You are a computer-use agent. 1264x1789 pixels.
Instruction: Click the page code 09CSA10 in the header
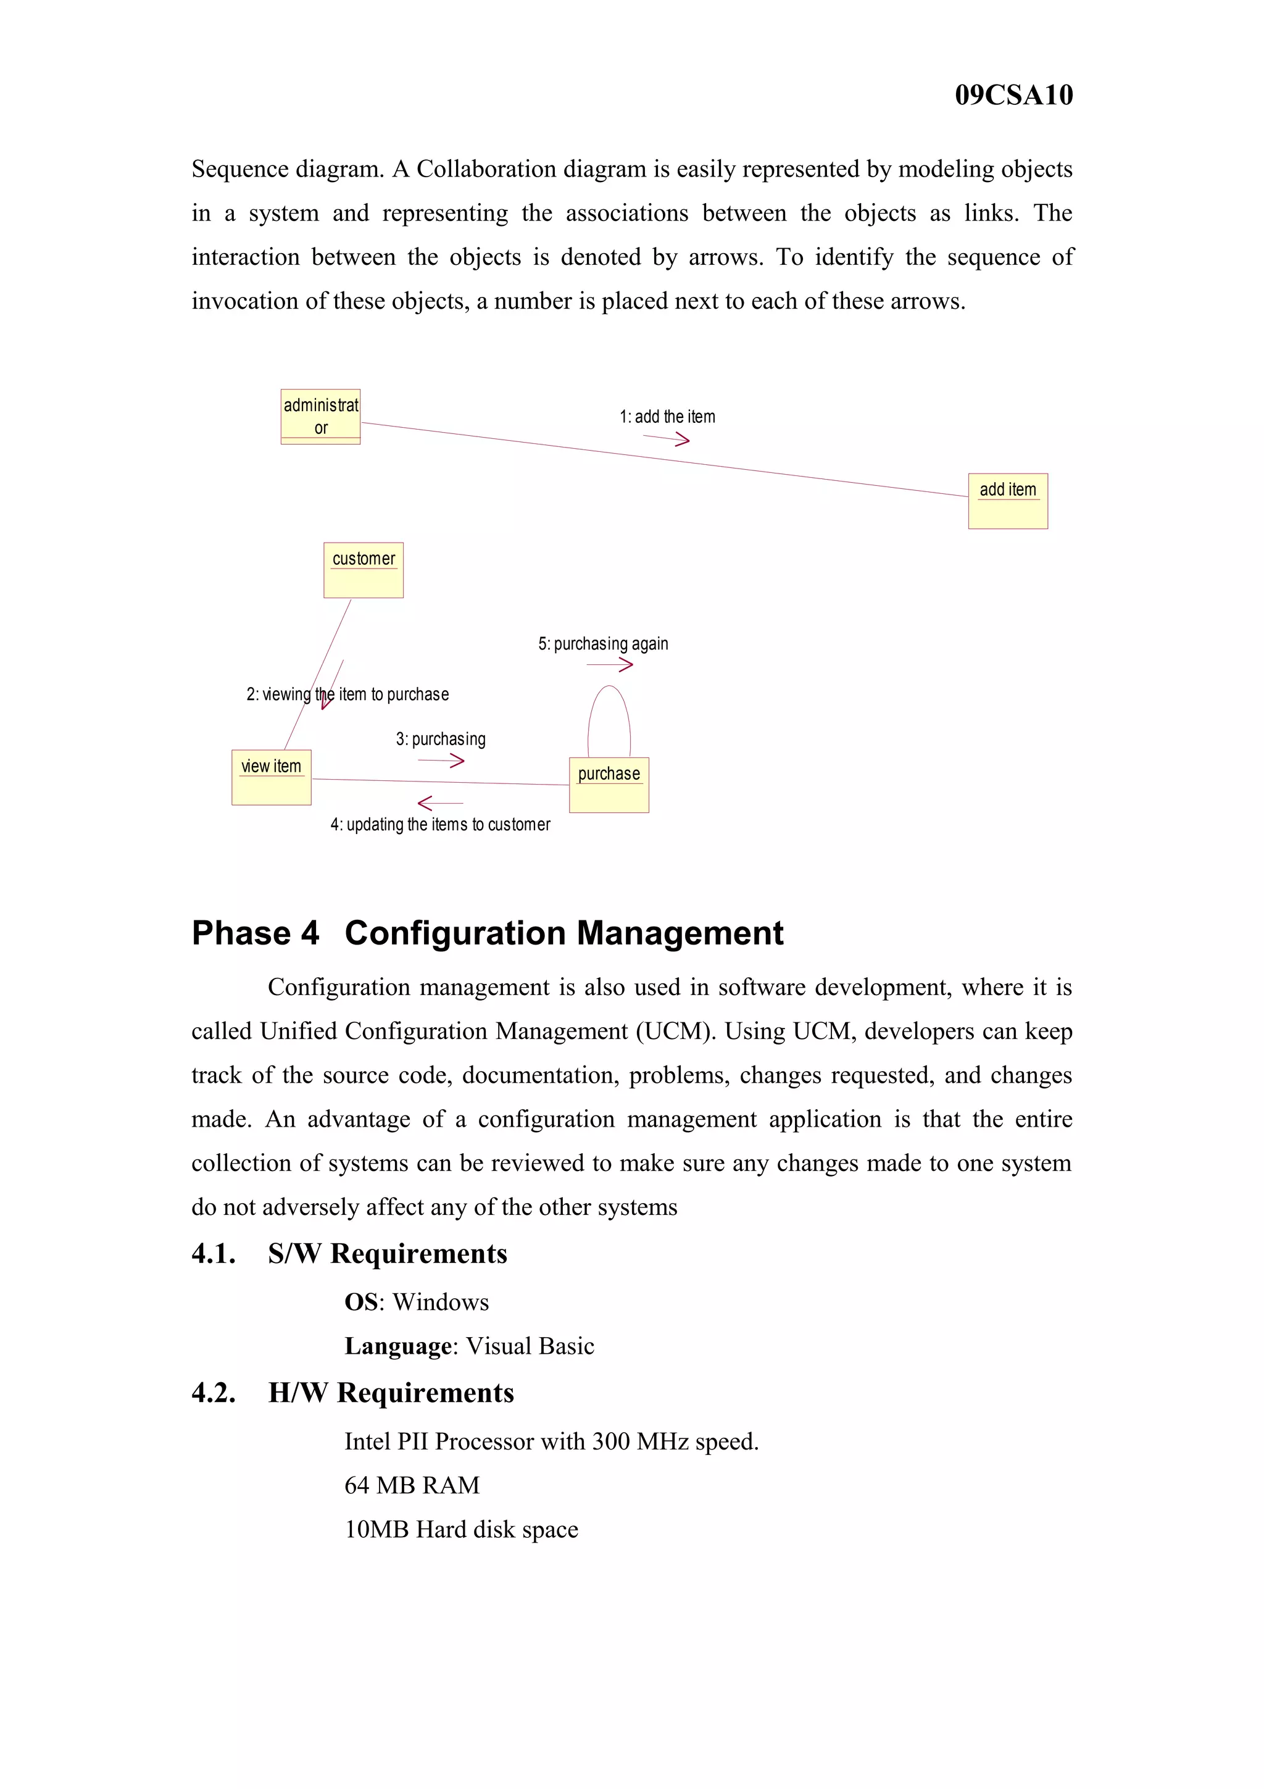pos(1013,95)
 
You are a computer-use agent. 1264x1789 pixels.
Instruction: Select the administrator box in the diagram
pos(320,417)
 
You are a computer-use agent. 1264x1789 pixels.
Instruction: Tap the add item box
pos(1007,501)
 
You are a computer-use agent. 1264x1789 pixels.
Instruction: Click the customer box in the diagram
pos(363,570)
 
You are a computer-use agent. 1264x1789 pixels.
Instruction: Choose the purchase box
pos(609,785)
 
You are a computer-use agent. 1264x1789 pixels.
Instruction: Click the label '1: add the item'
pos(667,417)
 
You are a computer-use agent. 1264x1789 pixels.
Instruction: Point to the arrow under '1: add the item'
pos(667,440)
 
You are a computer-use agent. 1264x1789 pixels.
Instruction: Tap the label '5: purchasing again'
pos(603,644)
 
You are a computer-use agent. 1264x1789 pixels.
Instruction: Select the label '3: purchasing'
pos(440,739)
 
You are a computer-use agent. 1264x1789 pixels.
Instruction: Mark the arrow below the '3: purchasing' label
pos(441,761)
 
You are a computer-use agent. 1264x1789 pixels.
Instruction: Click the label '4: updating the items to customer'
pos(440,824)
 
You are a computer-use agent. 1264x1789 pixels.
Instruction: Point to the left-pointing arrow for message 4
pos(440,803)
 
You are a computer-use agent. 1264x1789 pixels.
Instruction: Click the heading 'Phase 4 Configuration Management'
pos(487,933)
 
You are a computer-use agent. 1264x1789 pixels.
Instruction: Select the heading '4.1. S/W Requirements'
pos(349,1254)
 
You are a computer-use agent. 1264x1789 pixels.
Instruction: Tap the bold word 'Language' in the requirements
pos(398,1346)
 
